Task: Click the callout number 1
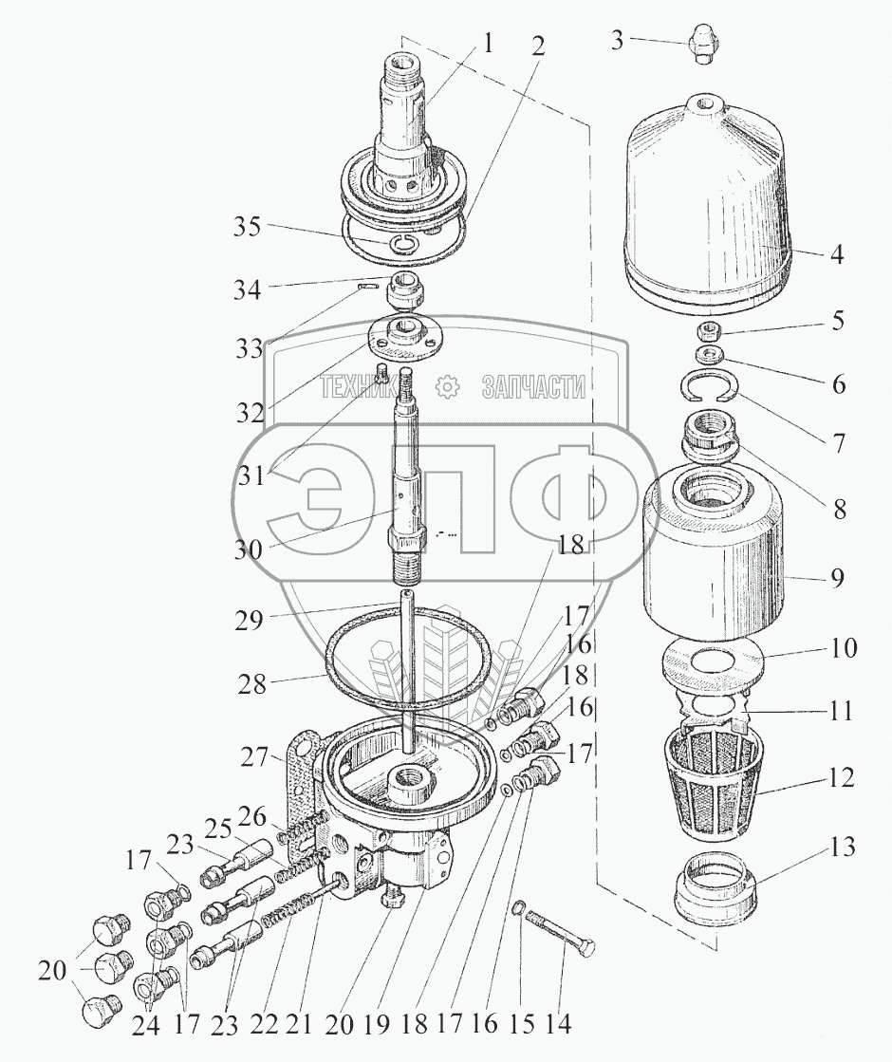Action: point(488,44)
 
